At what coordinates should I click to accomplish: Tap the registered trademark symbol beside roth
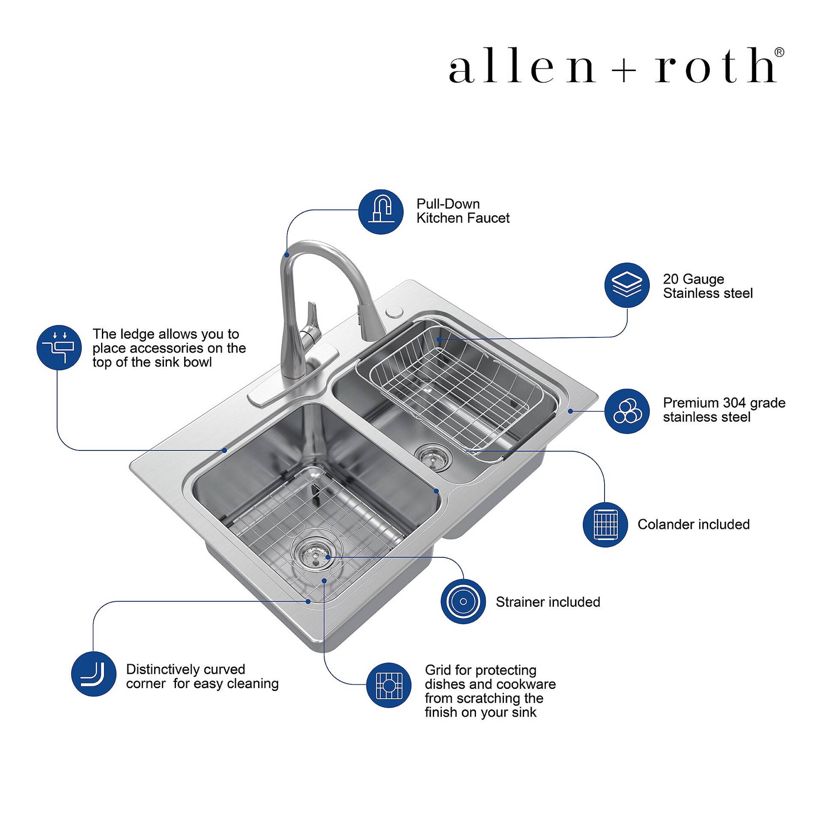tap(779, 52)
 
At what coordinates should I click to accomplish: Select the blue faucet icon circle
tap(381, 211)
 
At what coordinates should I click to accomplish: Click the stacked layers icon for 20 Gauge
tap(627, 285)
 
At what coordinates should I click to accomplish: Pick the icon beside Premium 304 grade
tap(627, 411)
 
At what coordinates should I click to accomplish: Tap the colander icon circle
tap(605, 524)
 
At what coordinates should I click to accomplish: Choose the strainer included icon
tap(463, 602)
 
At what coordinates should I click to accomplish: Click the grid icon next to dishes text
tap(388, 685)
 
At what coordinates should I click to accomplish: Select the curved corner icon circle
tap(93, 674)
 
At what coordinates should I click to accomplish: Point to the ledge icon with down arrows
tap(59, 347)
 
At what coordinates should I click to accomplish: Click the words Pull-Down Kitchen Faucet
tap(462, 211)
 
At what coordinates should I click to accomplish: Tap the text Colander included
tap(693, 524)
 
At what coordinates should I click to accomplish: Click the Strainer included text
tap(548, 602)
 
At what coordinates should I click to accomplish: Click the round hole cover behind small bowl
tap(394, 312)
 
